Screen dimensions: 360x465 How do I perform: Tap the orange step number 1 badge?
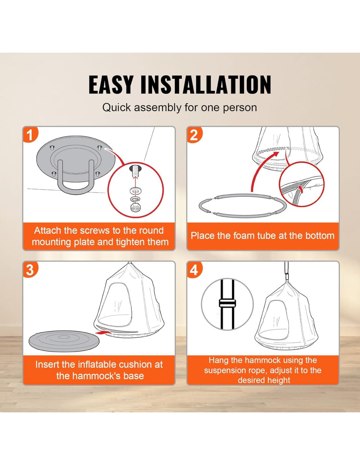coord(30,134)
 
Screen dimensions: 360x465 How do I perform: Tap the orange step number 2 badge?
coord(194,134)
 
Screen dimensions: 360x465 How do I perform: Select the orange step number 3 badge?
coord(30,269)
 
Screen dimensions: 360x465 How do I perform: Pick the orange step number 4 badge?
coord(194,269)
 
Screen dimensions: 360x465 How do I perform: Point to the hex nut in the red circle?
coord(135,207)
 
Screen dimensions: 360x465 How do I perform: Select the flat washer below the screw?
coord(135,190)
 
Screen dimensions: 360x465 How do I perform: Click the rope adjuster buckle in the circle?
coord(227,303)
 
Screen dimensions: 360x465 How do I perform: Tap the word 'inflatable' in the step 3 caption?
coord(98,364)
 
